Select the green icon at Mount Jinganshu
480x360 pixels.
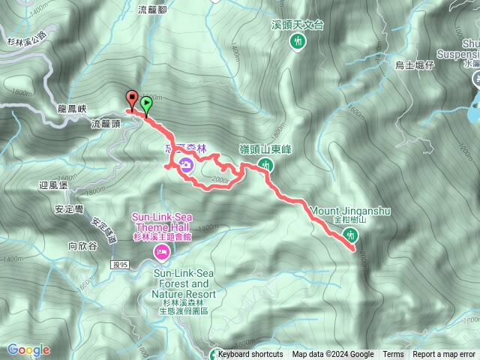tap(349, 236)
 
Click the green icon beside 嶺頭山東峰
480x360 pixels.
tap(265, 164)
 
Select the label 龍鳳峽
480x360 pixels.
tap(73, 108)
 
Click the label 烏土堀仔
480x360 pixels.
tap(415, 64)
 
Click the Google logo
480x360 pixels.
tap(28, 349)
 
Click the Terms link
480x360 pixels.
tap(393, 355)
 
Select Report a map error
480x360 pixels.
tap(444, 355)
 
